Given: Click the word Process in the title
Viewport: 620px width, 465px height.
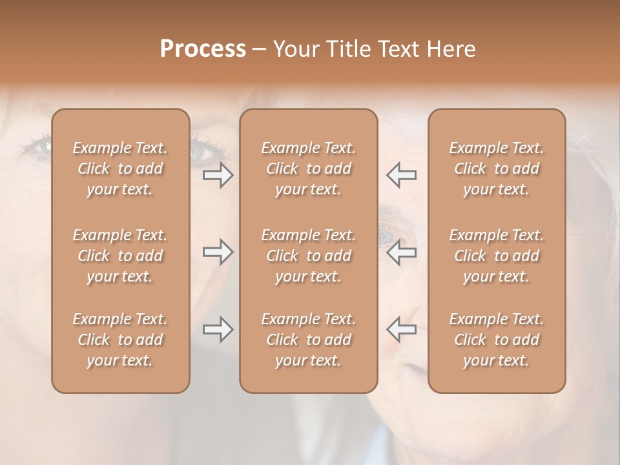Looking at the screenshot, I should point(203,49).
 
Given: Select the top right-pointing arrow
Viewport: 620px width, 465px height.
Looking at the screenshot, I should point(218,175).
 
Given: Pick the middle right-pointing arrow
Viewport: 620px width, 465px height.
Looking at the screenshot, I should point(218,253).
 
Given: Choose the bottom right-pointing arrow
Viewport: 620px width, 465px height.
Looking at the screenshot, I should point(218,330).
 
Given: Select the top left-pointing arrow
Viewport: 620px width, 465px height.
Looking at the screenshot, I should point(401,175).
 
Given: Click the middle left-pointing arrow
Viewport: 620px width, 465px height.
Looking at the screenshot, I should point(401,253).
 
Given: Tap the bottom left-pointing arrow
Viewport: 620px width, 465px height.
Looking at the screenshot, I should point(401,330).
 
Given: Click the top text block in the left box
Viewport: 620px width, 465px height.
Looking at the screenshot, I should point(120,169).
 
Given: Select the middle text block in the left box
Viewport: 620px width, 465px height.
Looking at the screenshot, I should point(120,256).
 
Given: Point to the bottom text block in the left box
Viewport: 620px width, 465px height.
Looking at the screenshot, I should point(120,340).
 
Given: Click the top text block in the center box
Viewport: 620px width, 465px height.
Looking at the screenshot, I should point(309,169).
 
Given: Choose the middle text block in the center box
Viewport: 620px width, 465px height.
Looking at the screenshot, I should point(309,256).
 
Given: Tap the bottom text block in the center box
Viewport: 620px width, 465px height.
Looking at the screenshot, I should point(309,340).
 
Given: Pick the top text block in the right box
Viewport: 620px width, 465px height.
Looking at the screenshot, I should point(497,169).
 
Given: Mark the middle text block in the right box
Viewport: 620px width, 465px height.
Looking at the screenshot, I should point(497,256).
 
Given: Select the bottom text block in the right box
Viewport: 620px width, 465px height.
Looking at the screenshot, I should point(497,340).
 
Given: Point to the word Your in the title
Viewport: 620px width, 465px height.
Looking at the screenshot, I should point(295,49).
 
